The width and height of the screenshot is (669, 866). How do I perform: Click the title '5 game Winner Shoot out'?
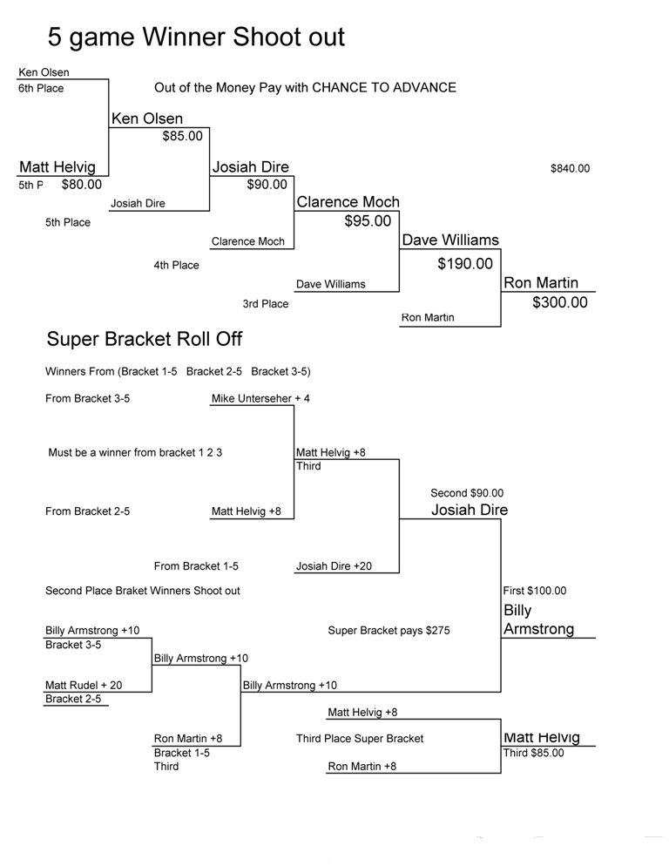point(196,37)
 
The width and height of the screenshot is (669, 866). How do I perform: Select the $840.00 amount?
point(570,168)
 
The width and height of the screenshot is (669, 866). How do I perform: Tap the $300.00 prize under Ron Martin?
point(559,302)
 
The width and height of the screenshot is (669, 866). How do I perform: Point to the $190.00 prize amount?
point(464,264)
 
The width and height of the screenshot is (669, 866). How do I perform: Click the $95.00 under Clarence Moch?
point(368,221)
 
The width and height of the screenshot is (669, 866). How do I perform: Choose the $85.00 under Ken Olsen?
point(182,136)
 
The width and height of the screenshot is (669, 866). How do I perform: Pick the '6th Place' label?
point(41,88)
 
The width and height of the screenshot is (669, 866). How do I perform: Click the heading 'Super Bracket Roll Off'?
point(144,338)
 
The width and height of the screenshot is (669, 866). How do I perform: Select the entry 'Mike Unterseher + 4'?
point(260,398)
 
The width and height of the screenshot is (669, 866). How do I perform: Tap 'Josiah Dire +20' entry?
point(334,566)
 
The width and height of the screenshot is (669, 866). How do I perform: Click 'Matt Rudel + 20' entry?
point(84,685)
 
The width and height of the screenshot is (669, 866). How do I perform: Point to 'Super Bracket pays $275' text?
point(389,631)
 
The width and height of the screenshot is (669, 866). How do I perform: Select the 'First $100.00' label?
point(534,591)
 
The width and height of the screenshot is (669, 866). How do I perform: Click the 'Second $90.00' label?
point(467,493)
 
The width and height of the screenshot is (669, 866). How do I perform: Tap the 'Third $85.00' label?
point(533,754)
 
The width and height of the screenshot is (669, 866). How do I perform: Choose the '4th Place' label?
point(176,265)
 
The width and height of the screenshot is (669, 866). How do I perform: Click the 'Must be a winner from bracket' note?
point(135,452)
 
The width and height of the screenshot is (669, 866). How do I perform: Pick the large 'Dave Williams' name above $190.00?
point(450,240)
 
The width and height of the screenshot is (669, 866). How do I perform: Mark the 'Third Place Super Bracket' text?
point(360,739)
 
